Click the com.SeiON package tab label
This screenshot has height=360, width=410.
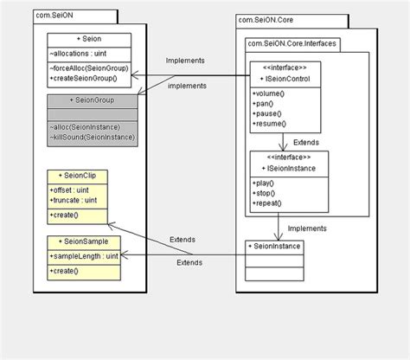click(59, 15)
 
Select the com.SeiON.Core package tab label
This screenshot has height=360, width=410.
click(266, 18)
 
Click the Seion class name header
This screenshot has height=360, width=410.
click(89, 39)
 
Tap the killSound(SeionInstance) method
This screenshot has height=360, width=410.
click(93, 138)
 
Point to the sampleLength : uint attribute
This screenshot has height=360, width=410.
click(83, 256)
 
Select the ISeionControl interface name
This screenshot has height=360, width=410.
click(288, 79)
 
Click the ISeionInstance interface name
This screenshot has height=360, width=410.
click(288, 168)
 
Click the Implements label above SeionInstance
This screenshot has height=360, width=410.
click(306, 229)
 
